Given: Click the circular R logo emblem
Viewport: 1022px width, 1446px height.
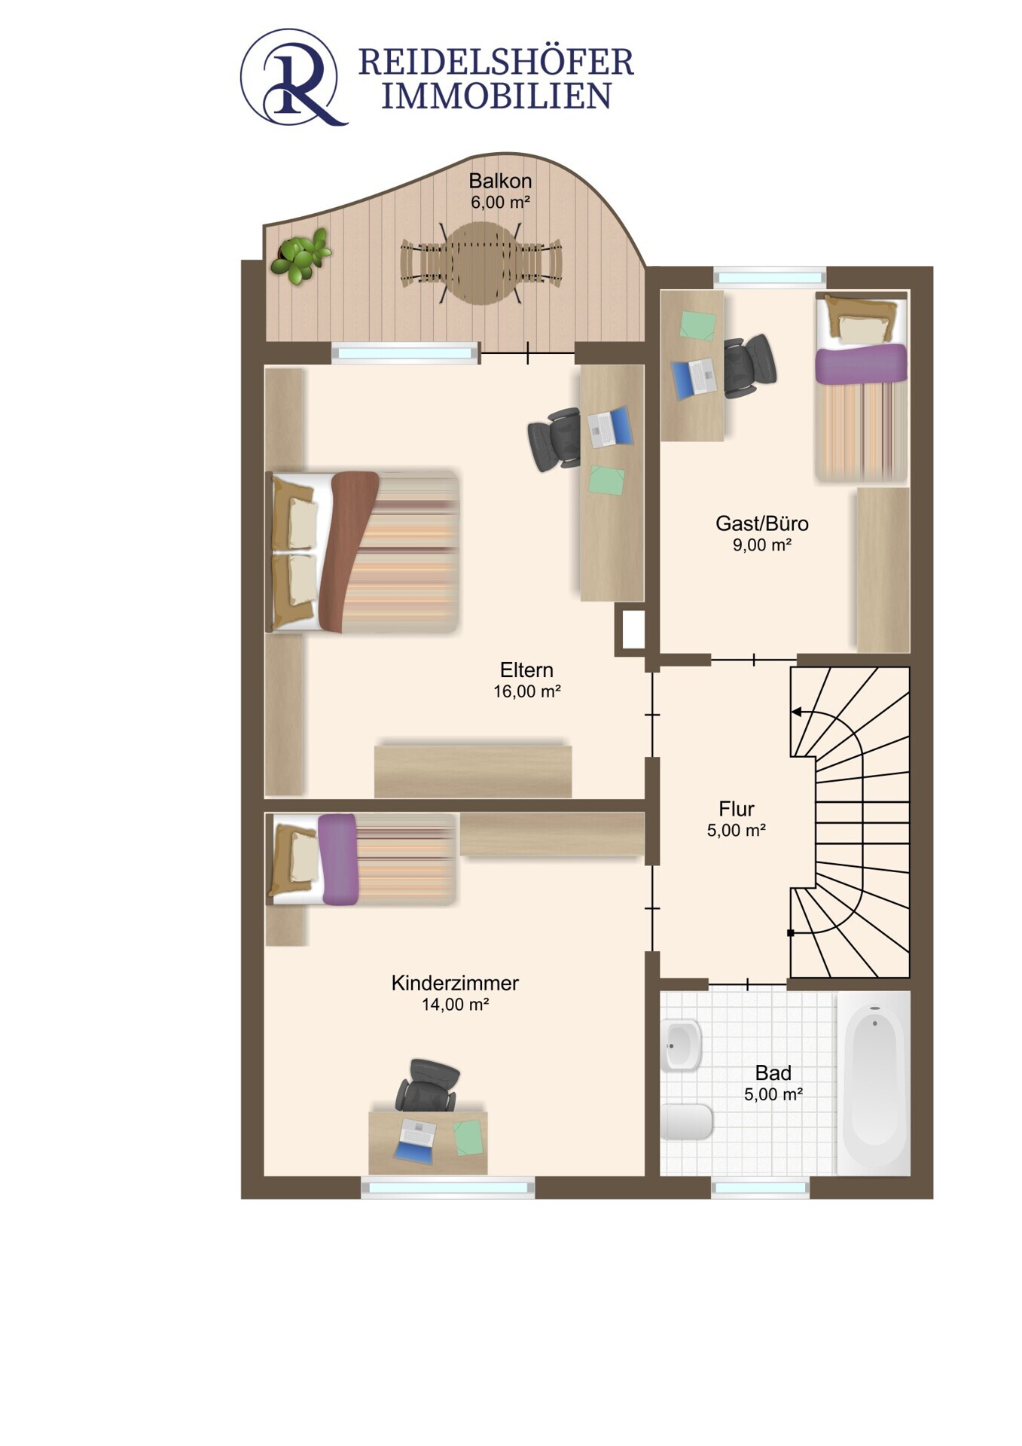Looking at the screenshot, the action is point(293,77).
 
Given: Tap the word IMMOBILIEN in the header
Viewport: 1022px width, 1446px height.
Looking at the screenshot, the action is point(496,96).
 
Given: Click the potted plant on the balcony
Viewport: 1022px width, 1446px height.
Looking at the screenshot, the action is point(302,255).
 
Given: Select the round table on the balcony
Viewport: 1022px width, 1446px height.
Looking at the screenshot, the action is point(481,262).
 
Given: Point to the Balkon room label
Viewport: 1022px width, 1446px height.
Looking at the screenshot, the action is point(500,181).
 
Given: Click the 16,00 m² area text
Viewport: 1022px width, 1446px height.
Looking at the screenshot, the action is point(526,691).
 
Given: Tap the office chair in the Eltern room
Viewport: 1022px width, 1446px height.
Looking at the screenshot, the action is point(554,439).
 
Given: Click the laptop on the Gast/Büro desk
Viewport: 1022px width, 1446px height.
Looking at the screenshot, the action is point(693,378).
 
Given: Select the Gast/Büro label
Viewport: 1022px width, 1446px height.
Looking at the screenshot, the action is point(762,523).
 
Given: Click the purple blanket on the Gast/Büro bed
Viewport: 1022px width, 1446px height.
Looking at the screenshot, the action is point(861,363).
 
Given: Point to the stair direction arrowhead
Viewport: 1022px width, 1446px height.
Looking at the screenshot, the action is point(796,712).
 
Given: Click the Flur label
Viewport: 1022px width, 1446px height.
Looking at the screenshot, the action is point(737,809).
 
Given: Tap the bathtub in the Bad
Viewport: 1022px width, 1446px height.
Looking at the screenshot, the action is point(874,1083).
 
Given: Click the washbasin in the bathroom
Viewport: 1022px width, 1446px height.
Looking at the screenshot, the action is point(682,1045).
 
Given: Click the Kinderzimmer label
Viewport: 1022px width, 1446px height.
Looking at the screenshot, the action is point(455,983).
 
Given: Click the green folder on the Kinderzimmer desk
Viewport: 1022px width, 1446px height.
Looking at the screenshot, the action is point(468,1137).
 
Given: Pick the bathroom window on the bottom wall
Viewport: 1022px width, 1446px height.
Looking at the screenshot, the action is point(760,1188).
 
